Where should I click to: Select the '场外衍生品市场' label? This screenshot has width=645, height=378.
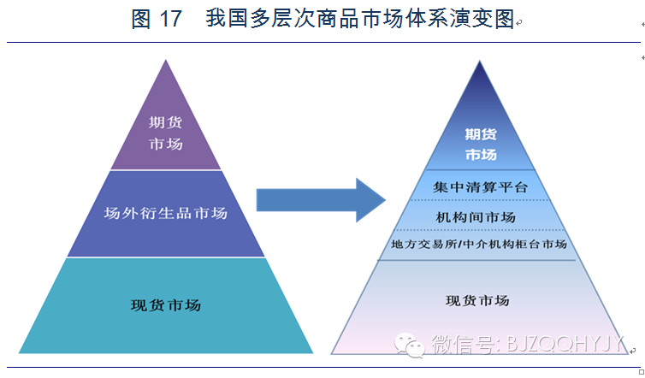[165, 212]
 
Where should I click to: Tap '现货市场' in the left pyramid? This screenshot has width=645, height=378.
[166, 304]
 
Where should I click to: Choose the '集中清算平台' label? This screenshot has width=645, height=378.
[481, 187]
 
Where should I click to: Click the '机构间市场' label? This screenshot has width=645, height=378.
[481, 216]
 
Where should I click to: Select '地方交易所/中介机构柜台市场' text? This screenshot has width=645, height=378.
[479, 245]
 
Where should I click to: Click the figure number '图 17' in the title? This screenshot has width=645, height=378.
[157, 19]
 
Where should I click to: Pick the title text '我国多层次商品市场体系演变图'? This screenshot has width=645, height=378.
[360, 19]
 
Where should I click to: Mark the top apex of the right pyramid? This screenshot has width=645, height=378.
[481, 62]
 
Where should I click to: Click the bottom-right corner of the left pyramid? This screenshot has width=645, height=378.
[312, 352]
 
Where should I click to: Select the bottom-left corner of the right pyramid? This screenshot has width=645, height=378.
[333, 352]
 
